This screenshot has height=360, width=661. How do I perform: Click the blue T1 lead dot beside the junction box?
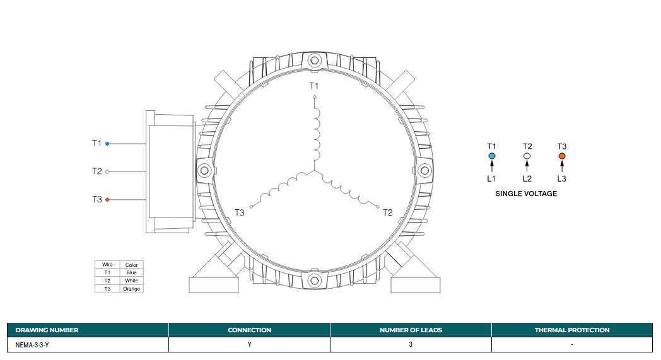pyautogui.click(x=107, y=144)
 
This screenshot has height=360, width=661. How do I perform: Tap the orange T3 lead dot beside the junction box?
pyautogui.click(x=107, y=200)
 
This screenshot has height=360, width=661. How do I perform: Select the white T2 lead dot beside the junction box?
pyautogui.click(x=107, y=171)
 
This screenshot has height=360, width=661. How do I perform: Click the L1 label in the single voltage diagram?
pyautogui.click(x=491, y=178)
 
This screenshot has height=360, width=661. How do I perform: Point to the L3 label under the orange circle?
pyautogui.click(x=561, y=178)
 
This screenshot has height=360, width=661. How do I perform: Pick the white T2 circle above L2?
pyautogui.click(x=527, y=156)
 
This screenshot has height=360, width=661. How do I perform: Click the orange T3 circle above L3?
pyautogui.click(x=562, y=156)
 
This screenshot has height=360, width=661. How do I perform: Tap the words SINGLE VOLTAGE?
pyautogui.click(x=526, y=194)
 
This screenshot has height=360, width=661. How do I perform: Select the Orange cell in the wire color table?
pyautogui.click(x=132, y=289)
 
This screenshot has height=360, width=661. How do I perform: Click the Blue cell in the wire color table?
pyautogui.click(x=132, y=273)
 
